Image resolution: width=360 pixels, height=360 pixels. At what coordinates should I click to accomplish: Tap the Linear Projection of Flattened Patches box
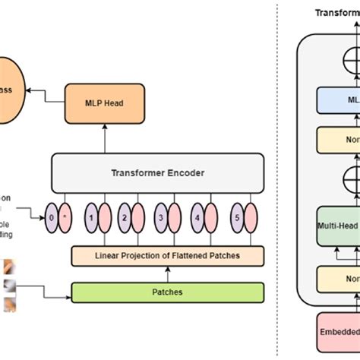(167, 256)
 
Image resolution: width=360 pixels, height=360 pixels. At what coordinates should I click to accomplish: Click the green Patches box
(167, 292)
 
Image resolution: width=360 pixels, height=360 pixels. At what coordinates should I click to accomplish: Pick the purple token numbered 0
(52, 217)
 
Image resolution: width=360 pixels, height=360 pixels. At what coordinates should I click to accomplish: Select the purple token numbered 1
(92, 217)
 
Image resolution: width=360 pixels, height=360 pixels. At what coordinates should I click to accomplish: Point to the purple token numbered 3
(161, 217)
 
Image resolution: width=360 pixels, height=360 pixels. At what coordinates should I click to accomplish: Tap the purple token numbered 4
(197, 217)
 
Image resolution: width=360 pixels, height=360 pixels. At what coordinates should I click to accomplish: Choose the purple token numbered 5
(235, 217)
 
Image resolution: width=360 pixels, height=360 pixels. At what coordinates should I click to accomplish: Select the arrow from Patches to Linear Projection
(167, 274)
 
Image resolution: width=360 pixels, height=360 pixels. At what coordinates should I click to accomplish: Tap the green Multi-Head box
(334, 226)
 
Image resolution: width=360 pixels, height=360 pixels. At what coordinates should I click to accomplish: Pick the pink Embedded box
(334, 333)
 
